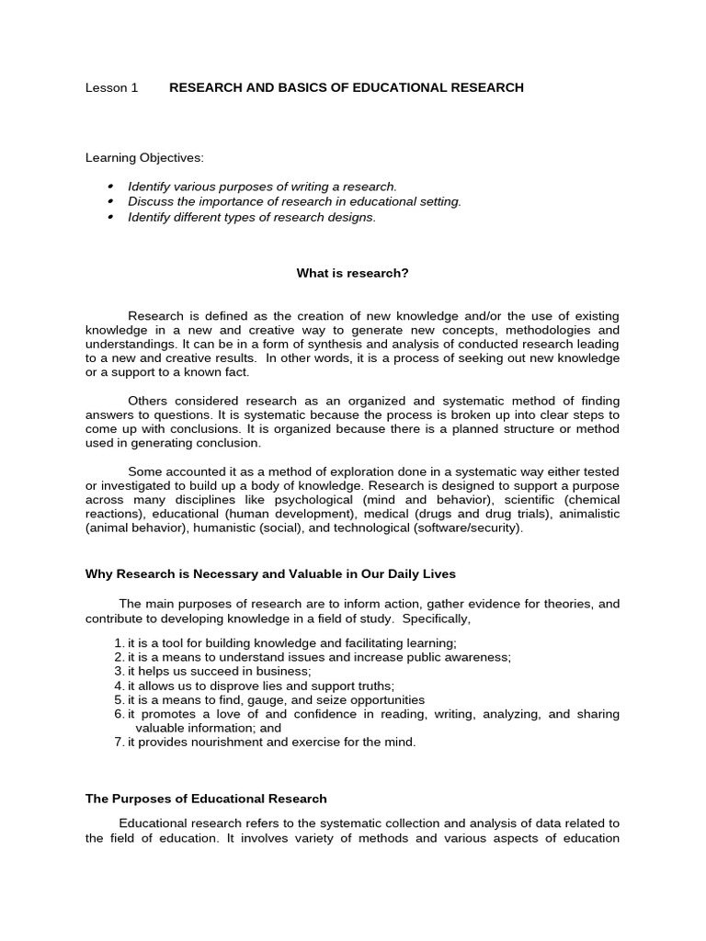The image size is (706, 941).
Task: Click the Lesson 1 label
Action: point(111,88)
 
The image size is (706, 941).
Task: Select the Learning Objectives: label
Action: point(144,158)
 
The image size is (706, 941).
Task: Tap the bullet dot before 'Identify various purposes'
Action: point(110,187)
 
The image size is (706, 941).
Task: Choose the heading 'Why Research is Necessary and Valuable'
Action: point(270,574)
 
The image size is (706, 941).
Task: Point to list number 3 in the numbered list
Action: point(119,672)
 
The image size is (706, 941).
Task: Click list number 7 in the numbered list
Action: point(119,743)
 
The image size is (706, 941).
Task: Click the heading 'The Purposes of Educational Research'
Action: point(206,799)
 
